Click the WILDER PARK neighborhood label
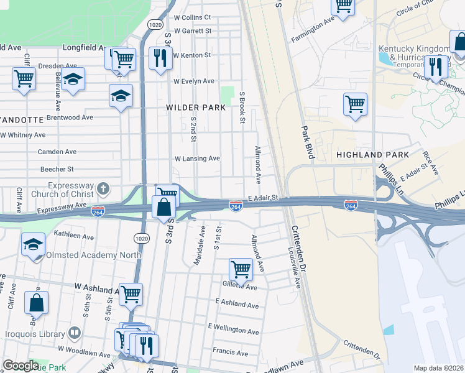[x=195, y=108]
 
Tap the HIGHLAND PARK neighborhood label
[x=372, y=154]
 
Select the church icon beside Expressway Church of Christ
[x=104, y=188]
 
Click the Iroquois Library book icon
[x=75, y=333]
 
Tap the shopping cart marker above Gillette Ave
[x=241, y=269]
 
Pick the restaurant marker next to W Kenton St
[x=161, y=58]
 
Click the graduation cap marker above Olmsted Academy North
[x=33, y=244]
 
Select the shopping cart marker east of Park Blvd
[x=355, y=104]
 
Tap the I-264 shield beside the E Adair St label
[x=236, y=205]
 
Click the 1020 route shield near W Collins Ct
[x=155, y=24]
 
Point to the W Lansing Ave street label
[x=197, y=159]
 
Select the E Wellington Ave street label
[x=233, y=329]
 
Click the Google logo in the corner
[x=21, y=366]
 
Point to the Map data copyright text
[x=438, y=368]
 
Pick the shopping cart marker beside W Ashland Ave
[x=131, y=294]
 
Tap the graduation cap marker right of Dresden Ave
[x=73, y=80]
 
